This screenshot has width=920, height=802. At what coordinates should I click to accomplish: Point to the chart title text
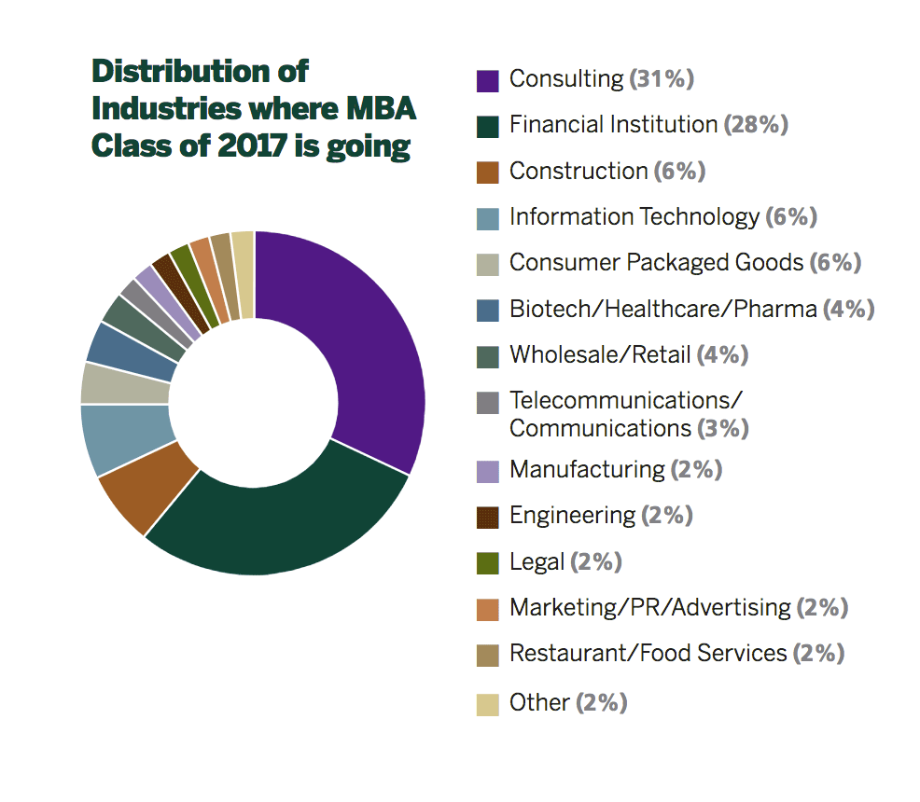coord(252,109)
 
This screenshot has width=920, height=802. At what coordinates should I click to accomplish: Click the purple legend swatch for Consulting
coord(487,80)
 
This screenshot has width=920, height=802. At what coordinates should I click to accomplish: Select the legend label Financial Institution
coord(612,125)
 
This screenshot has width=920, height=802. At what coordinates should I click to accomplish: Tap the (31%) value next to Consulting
coord(662,79)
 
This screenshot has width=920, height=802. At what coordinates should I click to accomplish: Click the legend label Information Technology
coord(634,217)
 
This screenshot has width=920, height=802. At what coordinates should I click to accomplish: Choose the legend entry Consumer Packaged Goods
coord(655,263)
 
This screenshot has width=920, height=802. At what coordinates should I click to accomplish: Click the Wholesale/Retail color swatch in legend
coord(487,356)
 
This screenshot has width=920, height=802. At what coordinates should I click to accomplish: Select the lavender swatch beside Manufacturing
coord(487,470)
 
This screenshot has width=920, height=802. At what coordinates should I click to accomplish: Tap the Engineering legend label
coord(571,515)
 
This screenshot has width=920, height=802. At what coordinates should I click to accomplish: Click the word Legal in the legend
coord(537,561)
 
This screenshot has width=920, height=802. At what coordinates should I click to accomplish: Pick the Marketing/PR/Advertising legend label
coord(649,608)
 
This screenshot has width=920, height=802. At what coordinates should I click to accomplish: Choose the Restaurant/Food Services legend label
coord(648,654)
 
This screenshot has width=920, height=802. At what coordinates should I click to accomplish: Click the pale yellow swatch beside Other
coord(487,703)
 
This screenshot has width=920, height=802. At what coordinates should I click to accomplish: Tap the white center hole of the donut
coord(253,403)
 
